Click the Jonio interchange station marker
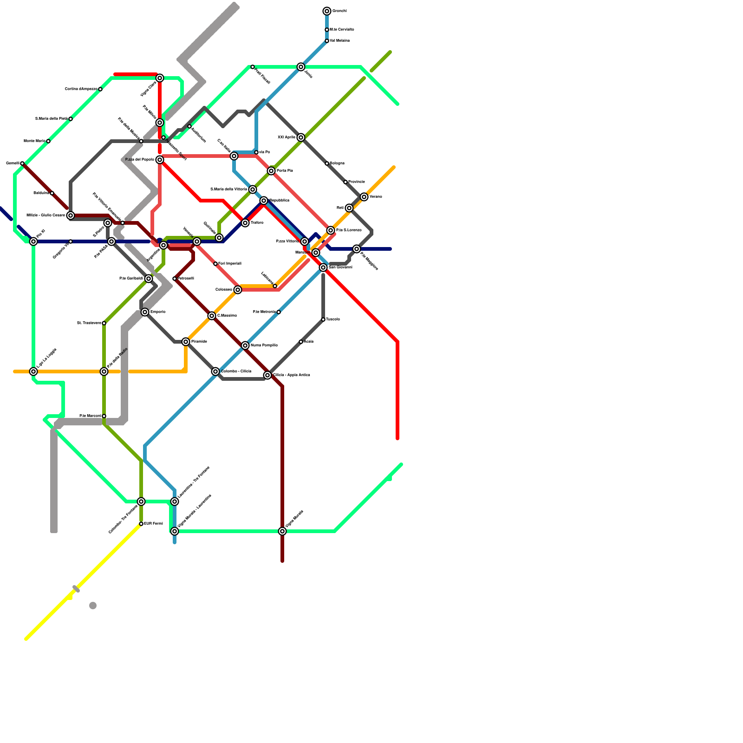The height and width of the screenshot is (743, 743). [x=301, y=67]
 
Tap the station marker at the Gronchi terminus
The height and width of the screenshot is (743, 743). [x=327, y=11]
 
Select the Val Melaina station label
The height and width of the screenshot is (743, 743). [x=340, y=41]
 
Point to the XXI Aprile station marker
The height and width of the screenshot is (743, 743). [x=301, y=137]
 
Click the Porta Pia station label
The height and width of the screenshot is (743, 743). [x=285, y=171]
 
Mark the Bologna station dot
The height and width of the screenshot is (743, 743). [x=327, y=163]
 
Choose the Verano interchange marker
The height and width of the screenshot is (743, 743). [x=364, y=197]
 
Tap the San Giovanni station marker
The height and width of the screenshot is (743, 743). [x=323, y=268]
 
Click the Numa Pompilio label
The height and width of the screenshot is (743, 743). [x=264, y=345]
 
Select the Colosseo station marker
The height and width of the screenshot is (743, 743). [x=238, y=290]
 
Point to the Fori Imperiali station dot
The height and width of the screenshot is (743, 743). [x=215, y=264]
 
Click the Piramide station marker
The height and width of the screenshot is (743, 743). [x=186, y=342]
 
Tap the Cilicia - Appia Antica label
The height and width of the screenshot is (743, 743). [x=292, y=375]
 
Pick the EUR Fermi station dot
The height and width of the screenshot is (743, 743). [x=141, y=524]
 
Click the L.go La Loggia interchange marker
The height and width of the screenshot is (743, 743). [x=33, y=371]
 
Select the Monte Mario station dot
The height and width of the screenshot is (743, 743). [x=48, y=141]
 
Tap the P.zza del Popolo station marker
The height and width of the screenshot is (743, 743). [x=160, y=160]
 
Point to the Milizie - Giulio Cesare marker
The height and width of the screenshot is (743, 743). [x=71, y=215]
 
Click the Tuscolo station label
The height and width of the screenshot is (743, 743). [x=333, y=319]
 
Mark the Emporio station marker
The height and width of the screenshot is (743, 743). [x=145, y=312]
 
